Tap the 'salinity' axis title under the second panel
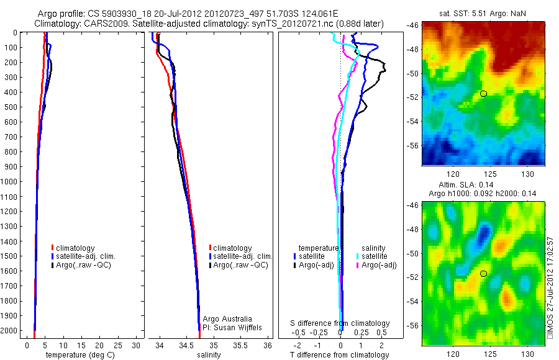[209, 355]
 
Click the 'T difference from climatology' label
[340, 355]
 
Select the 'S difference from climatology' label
[340, 323]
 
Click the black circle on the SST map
[483, 94]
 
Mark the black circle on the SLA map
[483, 273]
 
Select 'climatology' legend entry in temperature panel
[76, 248]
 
